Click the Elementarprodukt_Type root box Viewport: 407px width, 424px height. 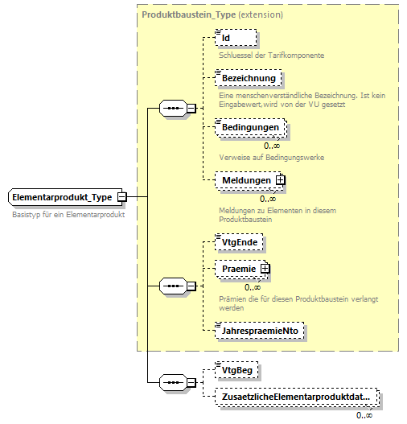[63, 197]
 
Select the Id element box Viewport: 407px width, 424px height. [236, 37]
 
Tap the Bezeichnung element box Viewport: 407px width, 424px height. [249, 78]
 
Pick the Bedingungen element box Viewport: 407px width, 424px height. [250, 128]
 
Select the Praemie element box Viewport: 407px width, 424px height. [239, 269]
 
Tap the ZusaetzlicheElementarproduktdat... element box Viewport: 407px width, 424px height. [295, 397]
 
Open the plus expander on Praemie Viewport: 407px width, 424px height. [264, 269]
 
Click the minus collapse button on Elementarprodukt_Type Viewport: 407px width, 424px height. [121, 197]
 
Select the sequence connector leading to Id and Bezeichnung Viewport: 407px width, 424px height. [173, 108]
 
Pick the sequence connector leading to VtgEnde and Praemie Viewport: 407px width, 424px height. [173, 285]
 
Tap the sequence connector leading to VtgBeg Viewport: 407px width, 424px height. [173, 382]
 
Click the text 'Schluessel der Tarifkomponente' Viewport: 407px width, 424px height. [272, 55]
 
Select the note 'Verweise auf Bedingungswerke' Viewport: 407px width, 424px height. [271, 157]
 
